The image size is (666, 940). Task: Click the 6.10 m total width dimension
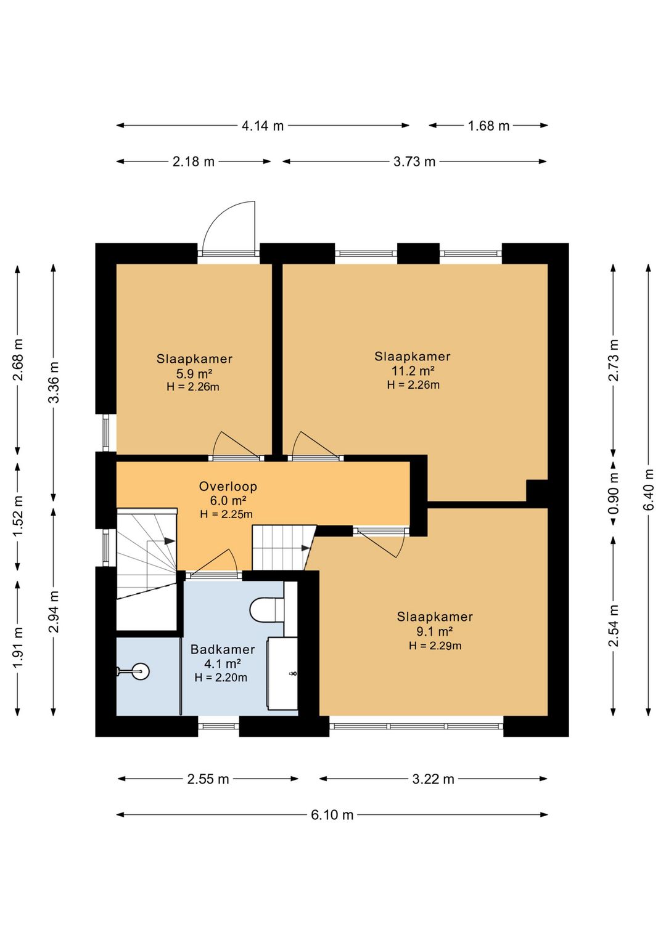pyautogui.click(x=332, y=815)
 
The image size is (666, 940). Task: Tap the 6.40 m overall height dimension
pyautogui.click(x=649, y=489)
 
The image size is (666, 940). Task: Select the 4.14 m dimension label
pyautogui.click(x=263, y=126)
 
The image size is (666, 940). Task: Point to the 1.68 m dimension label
pyautogui.click(x=488, y=126)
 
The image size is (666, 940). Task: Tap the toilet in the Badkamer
pyautogui.click(x=267, y=609)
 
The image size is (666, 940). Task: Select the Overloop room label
pyautogui.click(x=228, y=487)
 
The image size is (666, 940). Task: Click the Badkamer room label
pyautogui.click(x=223, y=650)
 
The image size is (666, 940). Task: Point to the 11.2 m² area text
pyautogui.click(x=413, y=371)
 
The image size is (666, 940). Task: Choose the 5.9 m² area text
pyautogui.click(x=194, y=373)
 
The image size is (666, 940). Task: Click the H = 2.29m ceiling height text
pyautogui.click(x=435, y=646)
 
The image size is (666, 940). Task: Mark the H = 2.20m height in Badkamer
pyautogui.click(x=221, y=678)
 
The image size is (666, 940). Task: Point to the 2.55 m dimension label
pyautogui.click(x=208, y=779)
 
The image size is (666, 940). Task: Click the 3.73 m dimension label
pyautogui.click(x=414, y=161)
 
